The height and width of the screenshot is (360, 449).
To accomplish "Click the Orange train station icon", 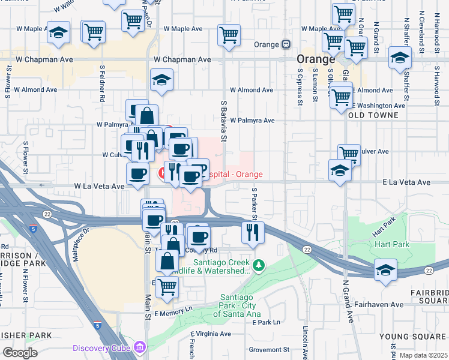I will coord(286,44).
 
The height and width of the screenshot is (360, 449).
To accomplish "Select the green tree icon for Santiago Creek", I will coord(259,265).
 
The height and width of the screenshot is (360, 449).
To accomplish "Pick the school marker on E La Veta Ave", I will coord(340,170).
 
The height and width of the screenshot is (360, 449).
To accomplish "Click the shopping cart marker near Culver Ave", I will coord(348,155).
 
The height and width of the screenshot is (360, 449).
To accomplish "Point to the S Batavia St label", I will coord(222,121).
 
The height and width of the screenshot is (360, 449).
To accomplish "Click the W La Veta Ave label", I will coord(99,187).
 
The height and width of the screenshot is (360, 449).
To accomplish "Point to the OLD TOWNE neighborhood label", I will coord(373,115).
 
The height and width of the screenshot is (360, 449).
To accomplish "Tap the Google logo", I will coord(20,352).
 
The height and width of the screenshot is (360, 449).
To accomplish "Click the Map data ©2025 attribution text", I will coord(423,355).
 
